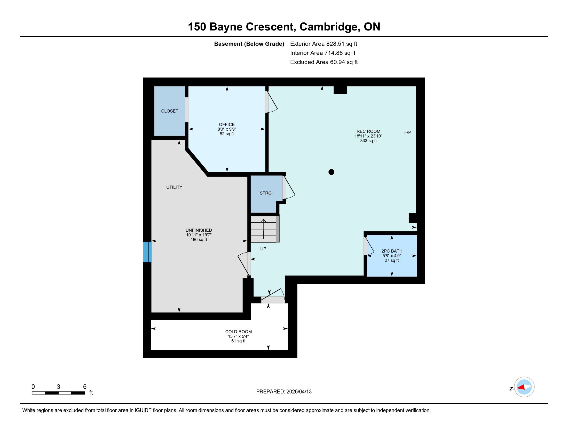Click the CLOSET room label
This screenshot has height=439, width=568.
click(170, 111)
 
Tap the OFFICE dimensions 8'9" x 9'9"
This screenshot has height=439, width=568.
click(227, 129)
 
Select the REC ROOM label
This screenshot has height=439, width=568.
click(368, 131)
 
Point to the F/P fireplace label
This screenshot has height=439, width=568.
click(407, 132)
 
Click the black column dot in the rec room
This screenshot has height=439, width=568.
click(331, 172)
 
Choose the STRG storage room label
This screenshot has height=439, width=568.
click(265, 193)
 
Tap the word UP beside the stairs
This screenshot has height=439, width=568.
click(263, 249)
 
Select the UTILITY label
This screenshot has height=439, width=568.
click(174, 187)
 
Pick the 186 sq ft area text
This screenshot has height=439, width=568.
click(199, 240)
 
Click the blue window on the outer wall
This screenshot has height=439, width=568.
click(147, 252)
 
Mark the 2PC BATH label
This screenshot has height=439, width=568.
click(392, 251)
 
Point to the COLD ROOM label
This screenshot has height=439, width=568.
click(239, 332)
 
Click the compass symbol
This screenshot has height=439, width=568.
click(524, 387)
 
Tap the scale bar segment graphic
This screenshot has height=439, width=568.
click(59, 393)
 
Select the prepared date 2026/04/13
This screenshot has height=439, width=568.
click(299, 392)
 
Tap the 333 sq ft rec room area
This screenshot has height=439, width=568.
click(368, 141)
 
